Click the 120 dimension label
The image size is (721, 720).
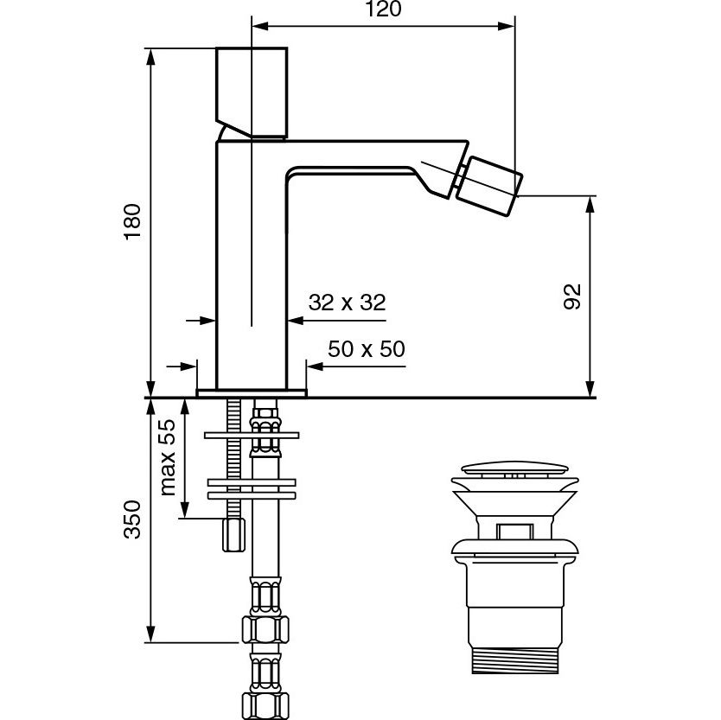pyautogui.click(x=383, y=9)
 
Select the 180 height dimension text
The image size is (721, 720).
pyautogui.click(x=132, y=221)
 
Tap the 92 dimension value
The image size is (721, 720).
pyautogui.click(x=572, y=297)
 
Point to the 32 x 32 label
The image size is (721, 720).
pyautogui.click(x=348, y=303)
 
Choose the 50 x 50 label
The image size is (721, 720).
pyautogui.click(x=367, y=349)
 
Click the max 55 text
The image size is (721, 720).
pyautogui.click(x=168, y=457)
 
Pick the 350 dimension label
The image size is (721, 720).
pyautogui.click(x=132, y=519)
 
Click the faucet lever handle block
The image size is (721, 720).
pyautogui.click(x=252, y=92)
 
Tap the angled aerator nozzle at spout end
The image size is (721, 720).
pyautogui.click(x=488, y=186)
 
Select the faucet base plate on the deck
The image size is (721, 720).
pyautogui.click(x=252, y=393)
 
